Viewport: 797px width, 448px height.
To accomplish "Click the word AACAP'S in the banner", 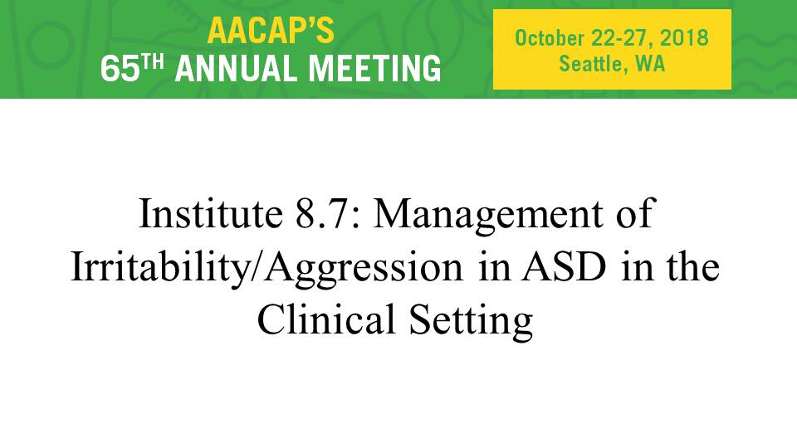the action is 271,31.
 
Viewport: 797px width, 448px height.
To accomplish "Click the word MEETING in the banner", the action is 375,69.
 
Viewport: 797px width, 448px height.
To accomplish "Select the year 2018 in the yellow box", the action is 684,38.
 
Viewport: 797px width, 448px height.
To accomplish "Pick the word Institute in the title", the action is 210,213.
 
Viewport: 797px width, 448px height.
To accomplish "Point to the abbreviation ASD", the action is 564,267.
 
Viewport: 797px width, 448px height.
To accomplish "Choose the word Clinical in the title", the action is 326,319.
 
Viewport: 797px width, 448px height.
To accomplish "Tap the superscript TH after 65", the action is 154,62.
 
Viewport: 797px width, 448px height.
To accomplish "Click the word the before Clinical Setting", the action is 693,267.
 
